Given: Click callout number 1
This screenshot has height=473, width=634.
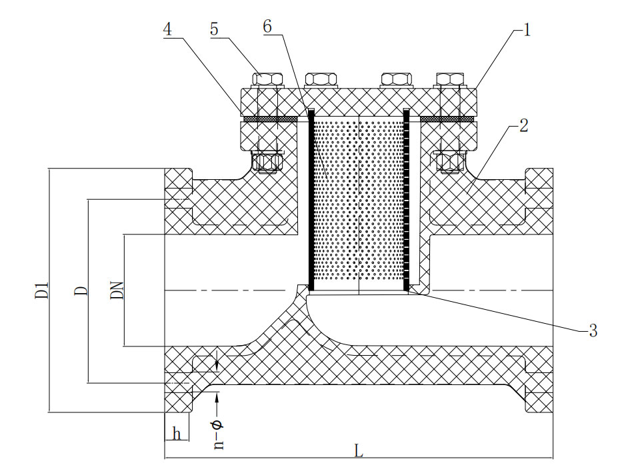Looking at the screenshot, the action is (527, 30).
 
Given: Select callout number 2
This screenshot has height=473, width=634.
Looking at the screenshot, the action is (523, 126).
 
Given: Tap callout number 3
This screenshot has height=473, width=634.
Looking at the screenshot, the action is (593, 330).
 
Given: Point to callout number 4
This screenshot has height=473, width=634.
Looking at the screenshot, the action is (167, 29).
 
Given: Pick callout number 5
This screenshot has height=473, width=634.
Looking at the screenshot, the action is (214, 29).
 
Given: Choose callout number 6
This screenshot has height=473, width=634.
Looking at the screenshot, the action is (267, 27).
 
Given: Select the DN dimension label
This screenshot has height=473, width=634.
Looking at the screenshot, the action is (117, 290).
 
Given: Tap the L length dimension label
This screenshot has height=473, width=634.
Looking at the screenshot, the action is (359, 450).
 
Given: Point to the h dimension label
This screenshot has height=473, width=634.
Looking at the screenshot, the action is (177, 434).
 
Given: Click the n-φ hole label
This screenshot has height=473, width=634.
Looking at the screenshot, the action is (219, 434).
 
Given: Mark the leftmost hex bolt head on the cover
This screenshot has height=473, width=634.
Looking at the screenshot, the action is (267, 79).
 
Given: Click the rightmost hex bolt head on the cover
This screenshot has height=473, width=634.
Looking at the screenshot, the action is (449, 79).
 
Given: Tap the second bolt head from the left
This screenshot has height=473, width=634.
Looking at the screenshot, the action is (321, 79).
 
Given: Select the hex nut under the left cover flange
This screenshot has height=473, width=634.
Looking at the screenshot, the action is (265, 163).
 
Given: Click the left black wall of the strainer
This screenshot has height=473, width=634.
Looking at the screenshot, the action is (311, 200).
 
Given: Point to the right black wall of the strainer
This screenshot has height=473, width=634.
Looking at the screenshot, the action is (407, 200).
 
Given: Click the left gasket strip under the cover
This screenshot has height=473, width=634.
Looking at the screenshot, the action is (271, 119).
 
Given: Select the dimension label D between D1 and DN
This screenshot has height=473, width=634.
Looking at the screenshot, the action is (81, 290).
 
